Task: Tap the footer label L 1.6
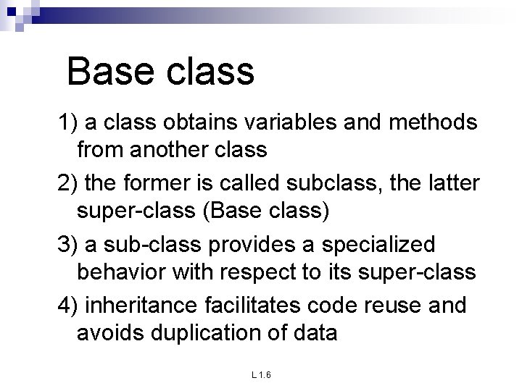(x=261, y=375)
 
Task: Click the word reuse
(x=384, y=306)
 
